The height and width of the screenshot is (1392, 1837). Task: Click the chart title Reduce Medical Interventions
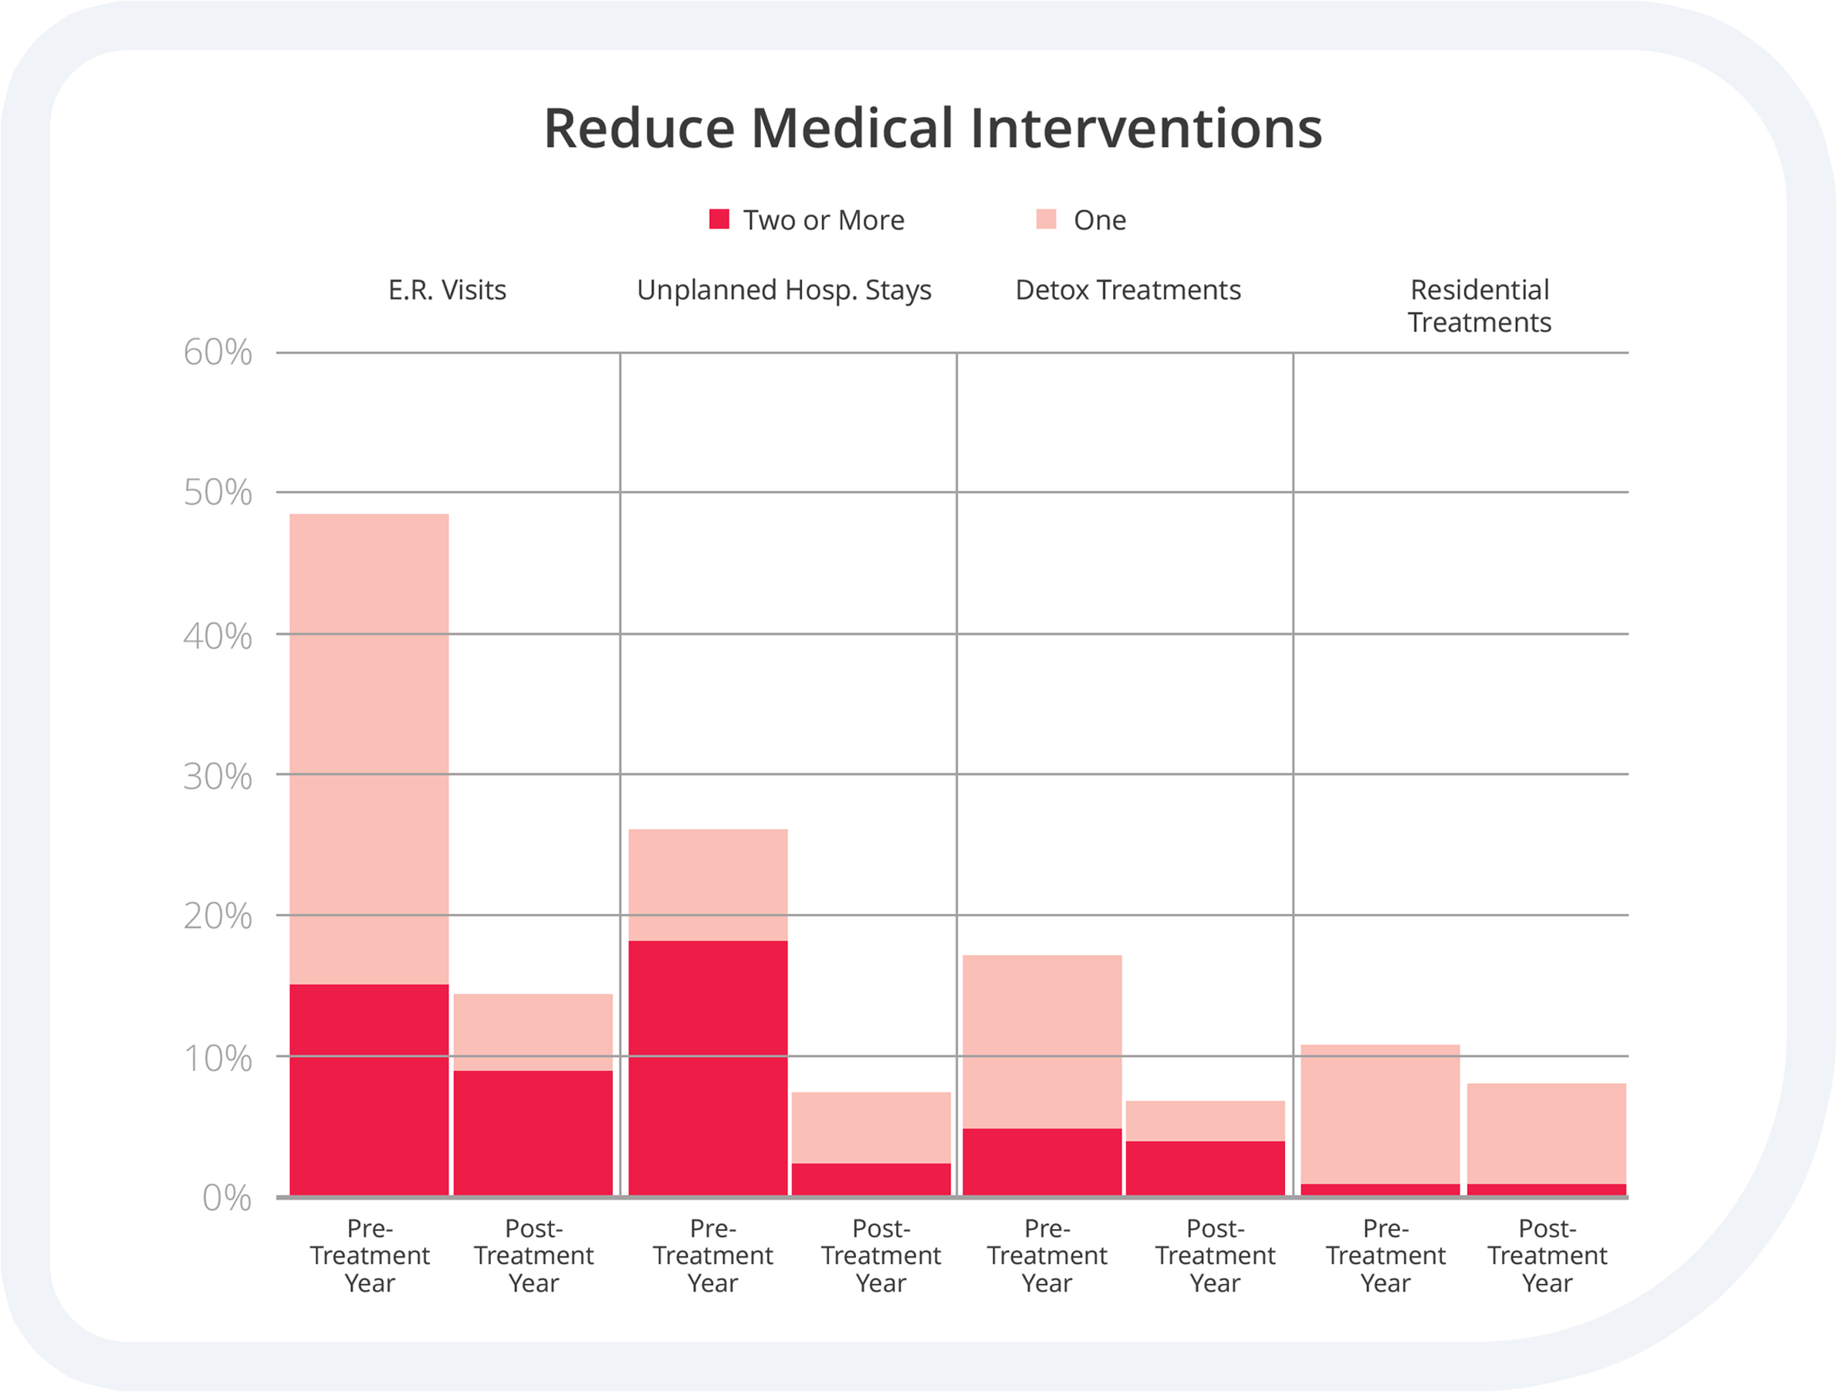click(x=932, y=129)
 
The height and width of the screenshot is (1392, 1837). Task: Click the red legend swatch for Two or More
click(x=719, y=219)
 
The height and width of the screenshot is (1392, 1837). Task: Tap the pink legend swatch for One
click(x=1047, y=219)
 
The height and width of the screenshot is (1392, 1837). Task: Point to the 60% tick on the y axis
click(x=218, y=353)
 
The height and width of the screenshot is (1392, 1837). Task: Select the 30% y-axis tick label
click(x=218, y=777)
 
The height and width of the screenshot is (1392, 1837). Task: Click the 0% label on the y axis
click(x=226, y=1197)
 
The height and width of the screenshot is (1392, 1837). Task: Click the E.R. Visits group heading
click(x=447, y=290)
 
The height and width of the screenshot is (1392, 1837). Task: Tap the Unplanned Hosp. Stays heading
click(x=784, y=290)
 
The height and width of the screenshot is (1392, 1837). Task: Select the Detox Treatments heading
click(x=1128, y=290)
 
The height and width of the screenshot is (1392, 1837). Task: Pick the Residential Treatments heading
click(x=1479, y=306)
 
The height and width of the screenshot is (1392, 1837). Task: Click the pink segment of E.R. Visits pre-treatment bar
click(x=369, y=747)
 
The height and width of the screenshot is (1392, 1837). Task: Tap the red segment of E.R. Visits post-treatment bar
click(x=533, y=1133)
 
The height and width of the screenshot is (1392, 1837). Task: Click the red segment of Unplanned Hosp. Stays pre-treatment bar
click(x=708, y=1068)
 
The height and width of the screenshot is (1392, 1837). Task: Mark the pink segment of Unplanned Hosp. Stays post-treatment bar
click(x=871, y=1127)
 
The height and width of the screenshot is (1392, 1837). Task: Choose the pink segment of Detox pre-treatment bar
click(x=1042, y=1041)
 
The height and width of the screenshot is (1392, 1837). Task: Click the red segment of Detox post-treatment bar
click(x=1205, y=1168)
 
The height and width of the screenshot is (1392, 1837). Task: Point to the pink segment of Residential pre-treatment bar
click(x=1380, y=1114)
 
